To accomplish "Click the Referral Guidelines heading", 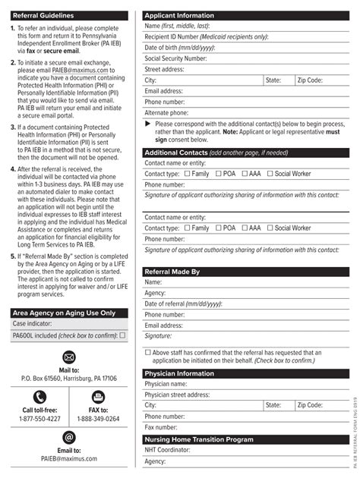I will (x=43, y=14).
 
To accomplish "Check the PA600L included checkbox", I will (x=122, y=335).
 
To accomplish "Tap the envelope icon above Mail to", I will (x=69, y=357).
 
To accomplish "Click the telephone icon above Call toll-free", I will (x=40, y=396).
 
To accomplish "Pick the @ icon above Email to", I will (x=69, y=437).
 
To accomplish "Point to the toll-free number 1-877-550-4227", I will (x=40, y=419).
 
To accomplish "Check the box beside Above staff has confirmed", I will (x=147, y=352).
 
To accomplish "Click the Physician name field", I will (x=266, y=384).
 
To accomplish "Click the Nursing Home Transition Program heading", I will (x=198, y=439).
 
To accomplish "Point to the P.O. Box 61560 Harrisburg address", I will (x=69, y=378).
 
